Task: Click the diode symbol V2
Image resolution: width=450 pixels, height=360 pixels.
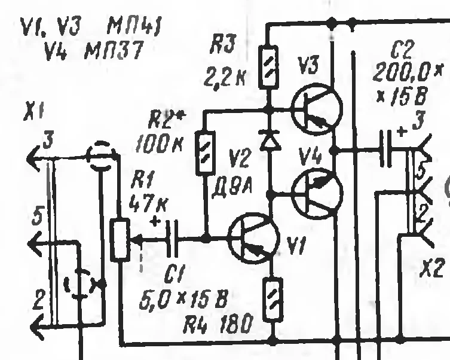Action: [x=271, y=139]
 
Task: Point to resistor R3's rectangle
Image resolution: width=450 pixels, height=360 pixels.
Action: [x=268, y=66]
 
